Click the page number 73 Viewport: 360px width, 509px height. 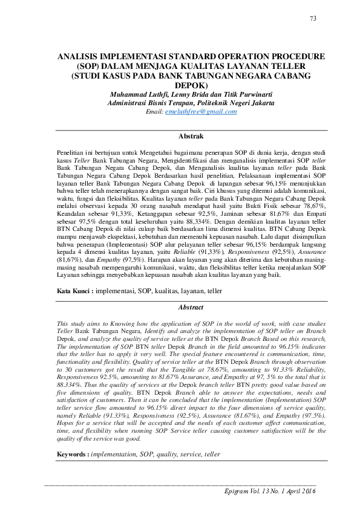tap(313, 19)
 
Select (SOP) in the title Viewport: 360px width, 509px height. tap(86, 66)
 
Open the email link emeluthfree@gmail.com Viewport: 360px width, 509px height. tap(199, 112)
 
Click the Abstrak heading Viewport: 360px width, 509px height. tap(191, 136)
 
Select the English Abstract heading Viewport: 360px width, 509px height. tap(191, 306)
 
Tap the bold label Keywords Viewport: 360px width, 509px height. tap(73, 453)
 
